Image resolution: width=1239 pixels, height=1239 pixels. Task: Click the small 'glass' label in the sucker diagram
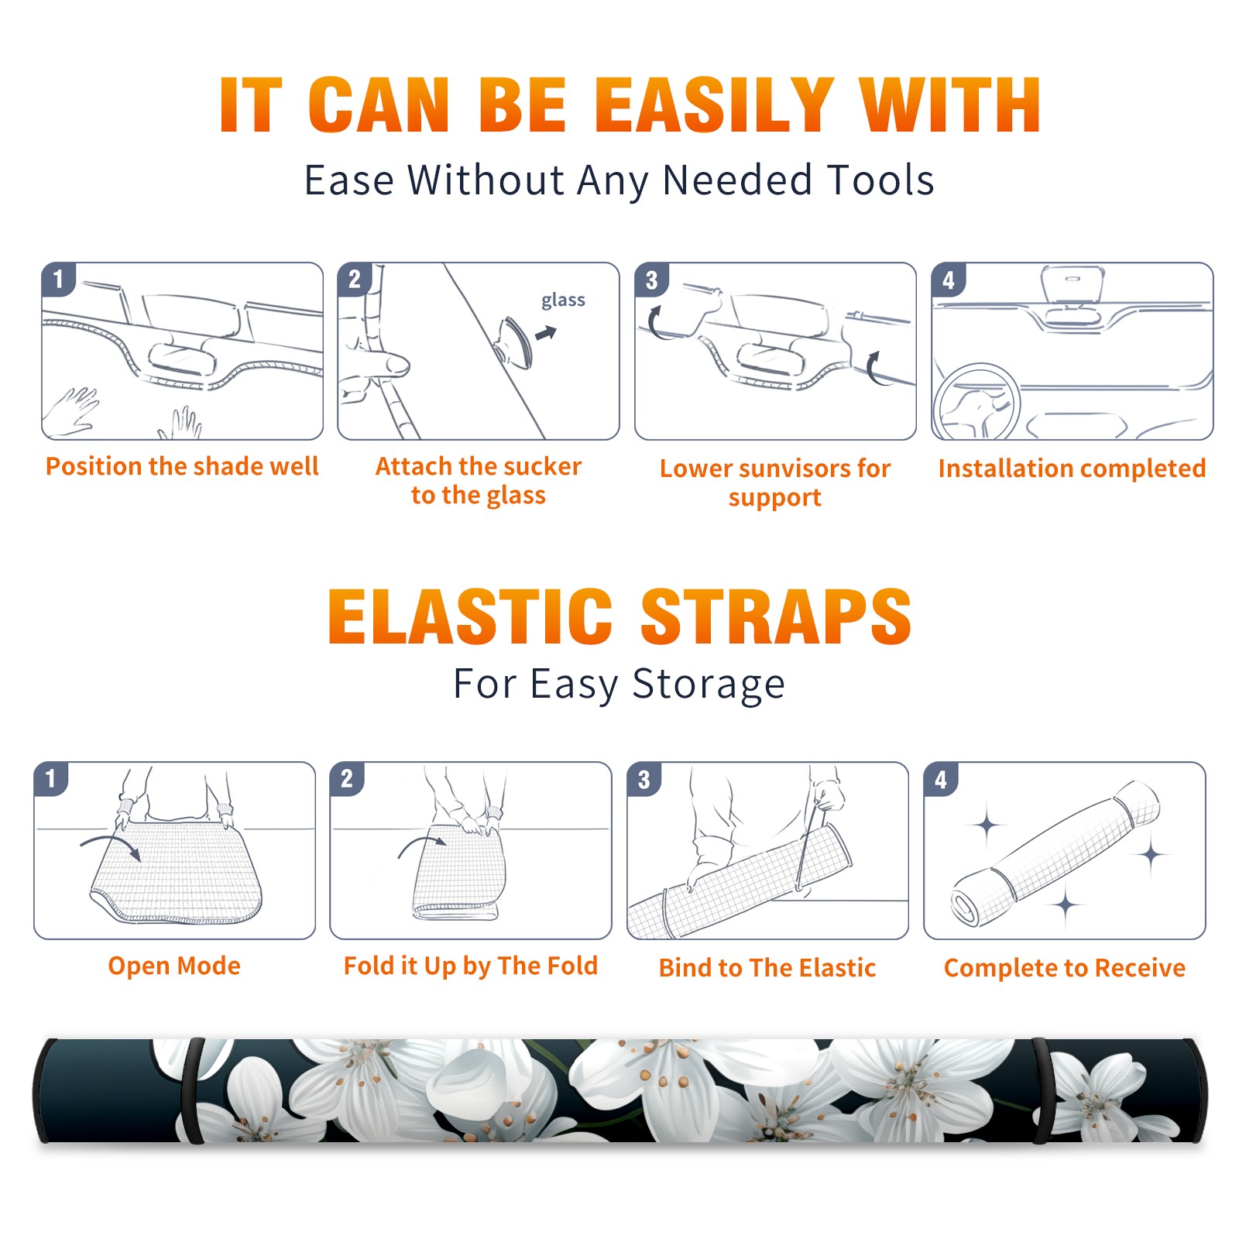563,300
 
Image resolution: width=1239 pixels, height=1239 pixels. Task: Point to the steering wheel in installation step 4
976,403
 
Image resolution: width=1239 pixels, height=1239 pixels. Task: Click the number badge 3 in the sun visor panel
651,280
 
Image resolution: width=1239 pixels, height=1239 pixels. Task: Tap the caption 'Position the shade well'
182,466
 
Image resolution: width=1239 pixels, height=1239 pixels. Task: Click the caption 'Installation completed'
1072,468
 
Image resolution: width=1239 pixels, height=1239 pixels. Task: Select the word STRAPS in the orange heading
776,616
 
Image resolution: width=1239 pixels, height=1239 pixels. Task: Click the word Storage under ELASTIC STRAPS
709,685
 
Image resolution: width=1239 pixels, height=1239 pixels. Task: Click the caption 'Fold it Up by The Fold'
471,966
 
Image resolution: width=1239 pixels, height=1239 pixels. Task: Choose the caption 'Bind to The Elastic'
767,968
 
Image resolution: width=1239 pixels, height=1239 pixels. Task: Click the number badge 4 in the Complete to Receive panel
941,779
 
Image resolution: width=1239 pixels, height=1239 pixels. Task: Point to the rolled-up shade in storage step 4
1055,853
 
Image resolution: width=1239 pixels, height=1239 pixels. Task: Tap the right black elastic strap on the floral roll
1040,1091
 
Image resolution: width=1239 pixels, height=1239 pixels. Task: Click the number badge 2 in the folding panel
347,779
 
